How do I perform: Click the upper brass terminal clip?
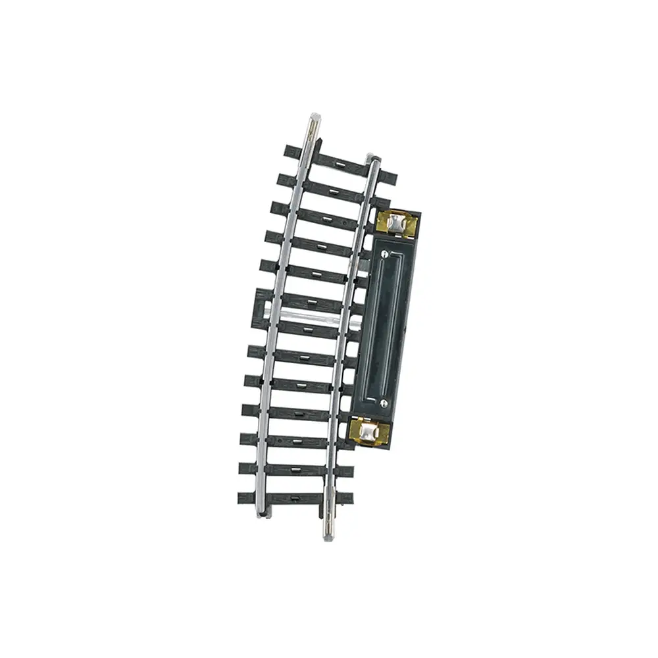(396, 224)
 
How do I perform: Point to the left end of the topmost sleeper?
(288, 151)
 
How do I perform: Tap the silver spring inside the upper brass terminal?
(394, 224)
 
